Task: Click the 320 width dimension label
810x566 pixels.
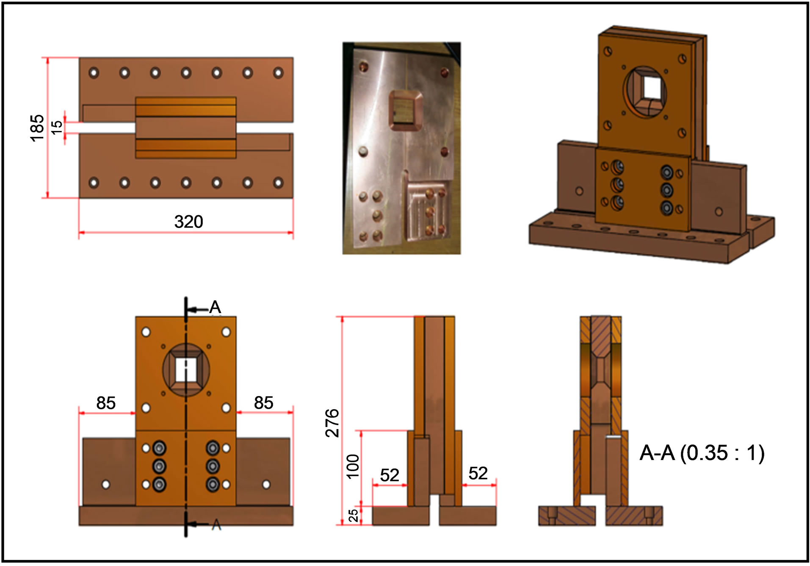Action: click(188, 222)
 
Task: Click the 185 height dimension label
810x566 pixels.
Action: click(37, 128)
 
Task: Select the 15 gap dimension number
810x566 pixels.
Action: click(56, 128)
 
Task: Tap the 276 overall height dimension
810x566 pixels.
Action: click(332, 423)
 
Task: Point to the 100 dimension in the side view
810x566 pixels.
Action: click(353, 466)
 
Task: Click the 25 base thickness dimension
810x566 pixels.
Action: click(353, 515)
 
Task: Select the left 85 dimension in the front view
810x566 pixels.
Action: click(106, 403)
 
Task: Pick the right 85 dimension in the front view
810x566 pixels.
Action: click(263, 402)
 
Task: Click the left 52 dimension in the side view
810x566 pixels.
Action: click(390, 475)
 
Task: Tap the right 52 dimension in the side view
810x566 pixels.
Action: click(478, 473)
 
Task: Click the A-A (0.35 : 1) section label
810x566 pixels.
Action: click(702, 453)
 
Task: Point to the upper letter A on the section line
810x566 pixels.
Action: click(215, 307)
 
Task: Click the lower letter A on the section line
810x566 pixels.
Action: click(216, 525)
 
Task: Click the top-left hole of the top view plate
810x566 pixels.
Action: click(94, 72)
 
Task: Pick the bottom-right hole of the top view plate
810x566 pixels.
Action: click(278, 183)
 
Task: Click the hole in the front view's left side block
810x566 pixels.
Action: click(106, 484)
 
